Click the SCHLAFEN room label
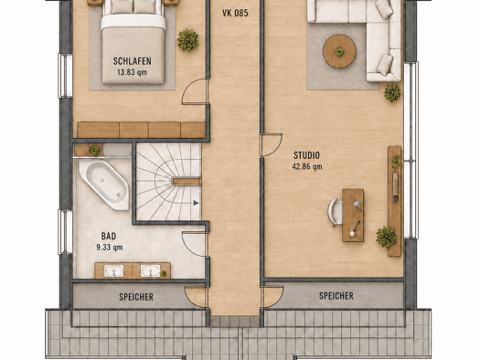tap(132, 61)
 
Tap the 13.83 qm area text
tap(132, 72)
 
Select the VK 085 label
tap(235, 13)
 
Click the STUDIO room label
tap(306, 155)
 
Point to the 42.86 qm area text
tap(307, 166)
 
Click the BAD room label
tap(109, 236)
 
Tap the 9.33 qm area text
tap(110, 247)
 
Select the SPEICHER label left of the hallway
tap(136, 297)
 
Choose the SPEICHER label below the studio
tap(336, 296)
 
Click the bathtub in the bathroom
tap(104, 185)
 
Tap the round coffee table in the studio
tap(339, 51)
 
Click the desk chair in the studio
tap(334, 212)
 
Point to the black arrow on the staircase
tap(196, 203)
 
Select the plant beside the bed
tap(187, 40)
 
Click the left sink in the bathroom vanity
tap(114, 271)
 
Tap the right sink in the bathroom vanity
tap(150, 271)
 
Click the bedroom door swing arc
tap(187, 87)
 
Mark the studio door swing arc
tap(278, 147)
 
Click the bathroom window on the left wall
tap(65, 232)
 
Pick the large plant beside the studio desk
tap(387, 237)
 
